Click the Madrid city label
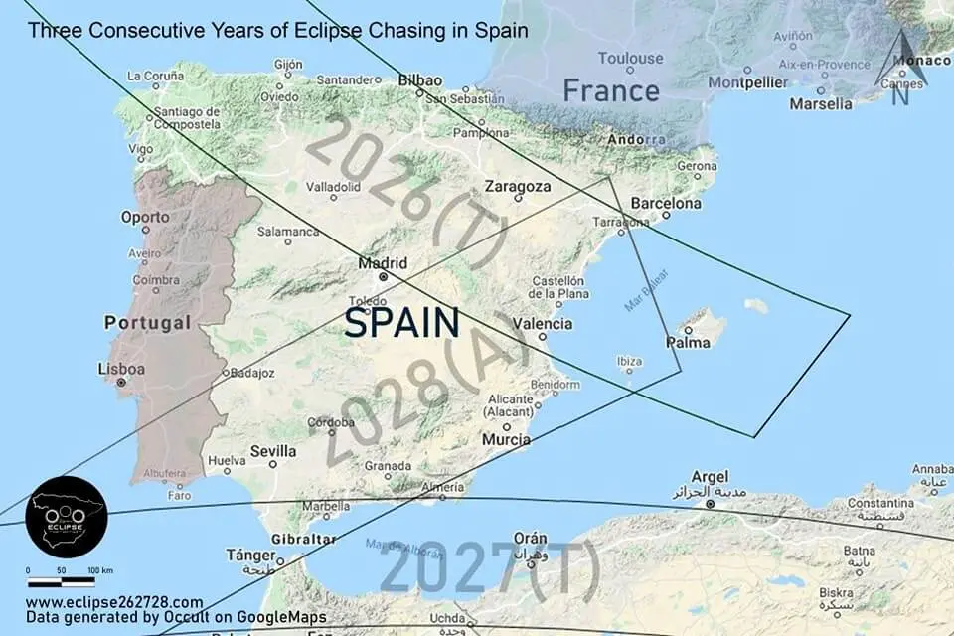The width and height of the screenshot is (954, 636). point(383,263)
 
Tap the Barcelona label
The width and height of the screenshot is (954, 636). point(666,204)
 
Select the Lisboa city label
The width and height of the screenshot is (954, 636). point(120,369)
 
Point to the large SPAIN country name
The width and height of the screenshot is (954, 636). point(401,323)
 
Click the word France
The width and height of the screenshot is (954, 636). point(611,91)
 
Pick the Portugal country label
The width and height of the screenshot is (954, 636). point(147,323)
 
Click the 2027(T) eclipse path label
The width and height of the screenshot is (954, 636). point(490,569)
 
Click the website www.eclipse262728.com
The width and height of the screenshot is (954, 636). point(114,602)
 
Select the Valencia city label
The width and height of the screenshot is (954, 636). point(543,324)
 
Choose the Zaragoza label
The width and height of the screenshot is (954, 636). point(518,186)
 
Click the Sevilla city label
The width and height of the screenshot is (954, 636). point(272,451)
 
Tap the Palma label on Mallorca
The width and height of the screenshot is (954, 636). point(687,344)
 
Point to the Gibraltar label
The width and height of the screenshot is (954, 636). point(304,539)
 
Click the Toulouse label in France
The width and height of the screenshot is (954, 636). point(630,58)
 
